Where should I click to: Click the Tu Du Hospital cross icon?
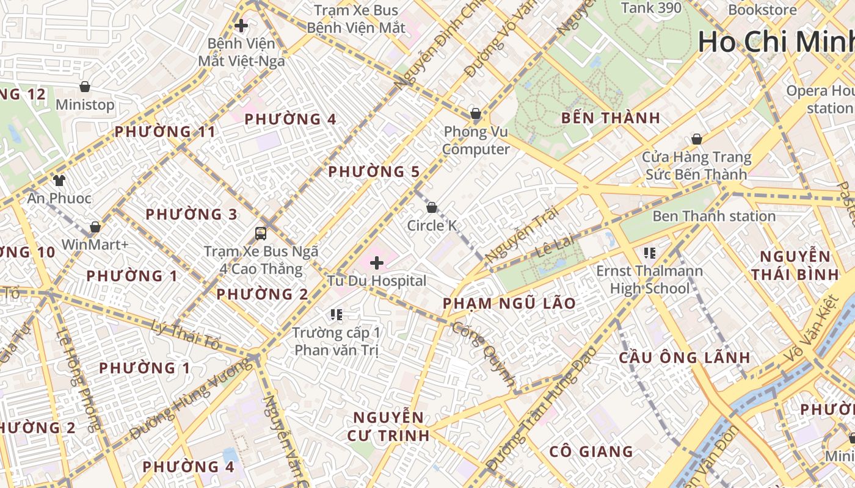click(x=377, y=263)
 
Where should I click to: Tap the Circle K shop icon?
click(x=432, y=207)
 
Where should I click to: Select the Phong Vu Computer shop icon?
click(x=476, y=113)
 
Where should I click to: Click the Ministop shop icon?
click(x=85, y=87)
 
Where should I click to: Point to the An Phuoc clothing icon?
click(x=59, y=180)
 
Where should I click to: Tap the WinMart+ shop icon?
click(x=95, y=227)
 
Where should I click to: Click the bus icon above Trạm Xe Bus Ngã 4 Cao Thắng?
click(x=261, y=233)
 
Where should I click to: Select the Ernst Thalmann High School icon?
click(x=650, y=253)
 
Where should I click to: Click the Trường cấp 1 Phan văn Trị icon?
click(x=336, y=315)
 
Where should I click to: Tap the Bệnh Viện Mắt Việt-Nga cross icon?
click(x=241, y=26)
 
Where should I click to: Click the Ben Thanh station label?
click(x=714, y=216)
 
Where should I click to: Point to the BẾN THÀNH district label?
click(x=611, y=118)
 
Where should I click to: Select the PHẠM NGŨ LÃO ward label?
click(x=509, y=303)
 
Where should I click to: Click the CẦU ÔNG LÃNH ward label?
click(x=684, y=357)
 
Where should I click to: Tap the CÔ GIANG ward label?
click(x=591, y=451)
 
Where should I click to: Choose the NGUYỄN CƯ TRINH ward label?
click(x=388, y=426)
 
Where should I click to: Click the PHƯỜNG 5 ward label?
click(x=374, y=172)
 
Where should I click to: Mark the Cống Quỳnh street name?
click(x=484, y=353)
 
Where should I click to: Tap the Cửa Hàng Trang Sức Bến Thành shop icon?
click(x=696, y=139)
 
